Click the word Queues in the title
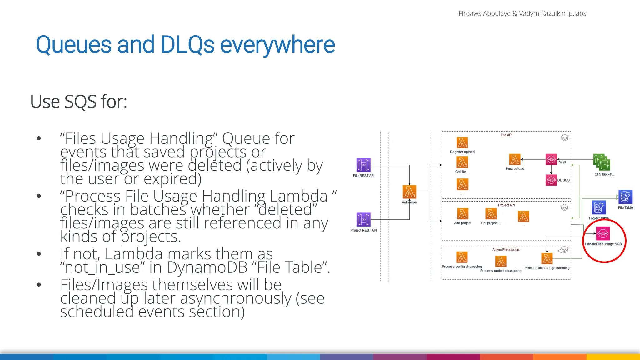(73, 45)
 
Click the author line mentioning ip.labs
(522, 13)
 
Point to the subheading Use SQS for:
(79, 102)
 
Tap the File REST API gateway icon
(363, 165)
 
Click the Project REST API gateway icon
(363, 219)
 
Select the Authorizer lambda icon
(409, 192)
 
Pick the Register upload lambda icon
(462, 142)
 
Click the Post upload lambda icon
(515, 159)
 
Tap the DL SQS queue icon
(551, 180)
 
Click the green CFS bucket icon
(602, 162)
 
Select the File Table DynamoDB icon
(625, 197)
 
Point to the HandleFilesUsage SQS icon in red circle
(603, 233)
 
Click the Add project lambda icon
(462, 214)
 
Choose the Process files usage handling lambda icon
(547, 259)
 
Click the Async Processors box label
(506, 250)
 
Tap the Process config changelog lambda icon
(462, 257)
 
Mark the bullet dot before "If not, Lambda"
(39, 254)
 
